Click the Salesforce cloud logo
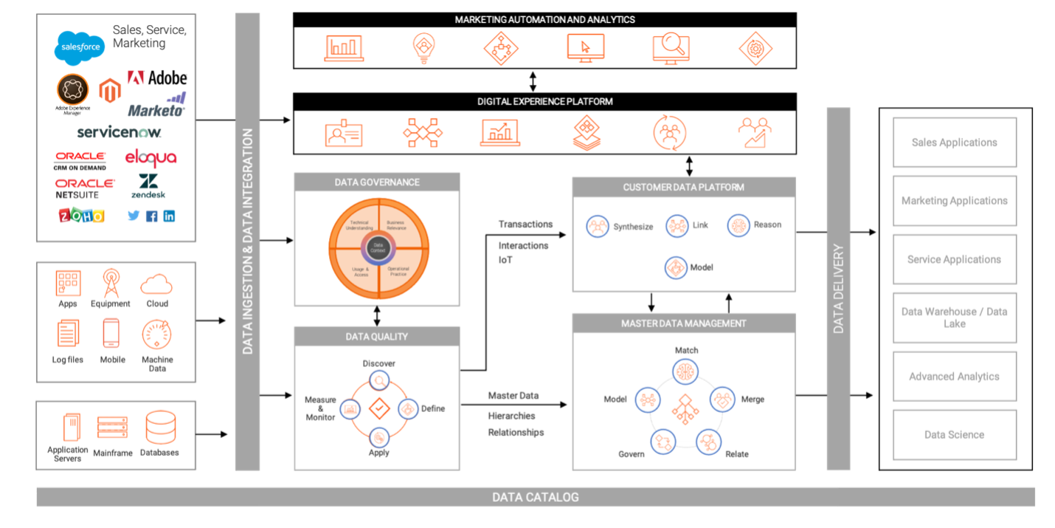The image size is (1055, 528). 80,47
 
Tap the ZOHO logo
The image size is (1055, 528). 81,215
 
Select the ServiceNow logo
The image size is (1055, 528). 118,132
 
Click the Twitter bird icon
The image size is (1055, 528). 134,216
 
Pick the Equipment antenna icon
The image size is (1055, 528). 111,283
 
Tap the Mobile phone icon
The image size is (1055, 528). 111,334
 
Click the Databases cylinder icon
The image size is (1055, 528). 160,428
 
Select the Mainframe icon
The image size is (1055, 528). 112,428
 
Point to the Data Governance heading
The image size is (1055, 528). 377,182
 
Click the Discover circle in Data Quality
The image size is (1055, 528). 379,380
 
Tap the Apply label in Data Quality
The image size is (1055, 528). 378,453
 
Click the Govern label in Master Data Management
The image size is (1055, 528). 632,454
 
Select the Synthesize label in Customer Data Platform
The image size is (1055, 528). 633,227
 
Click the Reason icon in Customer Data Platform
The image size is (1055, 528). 738,225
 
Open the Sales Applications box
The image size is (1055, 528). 954,143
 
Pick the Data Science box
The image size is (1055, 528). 954,435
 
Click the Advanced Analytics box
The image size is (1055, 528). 954,377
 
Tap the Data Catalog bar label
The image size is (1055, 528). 535,497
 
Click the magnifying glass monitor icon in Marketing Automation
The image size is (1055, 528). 671,48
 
